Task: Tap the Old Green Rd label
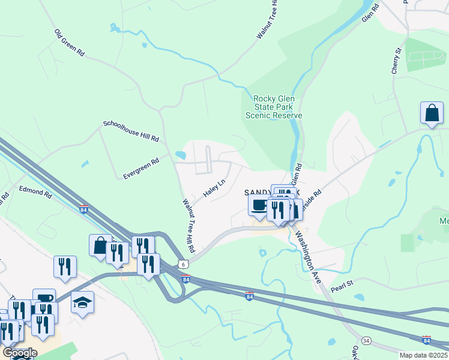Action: point(69,43)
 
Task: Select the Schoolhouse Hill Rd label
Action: point(131,131)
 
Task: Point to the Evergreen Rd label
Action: point(141,169)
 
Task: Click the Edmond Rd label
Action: point(35,191)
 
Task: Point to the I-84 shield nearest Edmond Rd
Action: point(84,208)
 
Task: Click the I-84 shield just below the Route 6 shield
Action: point(186,280)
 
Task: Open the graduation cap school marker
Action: point(83,303)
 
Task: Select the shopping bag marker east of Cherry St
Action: point(432,112)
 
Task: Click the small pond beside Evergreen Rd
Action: point(180,155)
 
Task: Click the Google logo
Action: point(20,353)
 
